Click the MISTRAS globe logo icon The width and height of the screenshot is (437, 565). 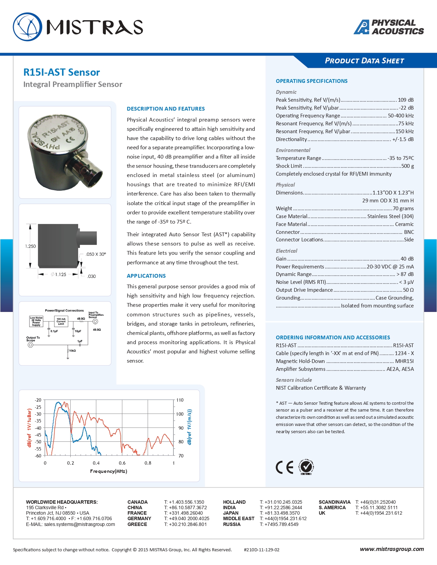click(x=27, y=27)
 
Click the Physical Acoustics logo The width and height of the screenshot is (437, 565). click(x=389, y=27)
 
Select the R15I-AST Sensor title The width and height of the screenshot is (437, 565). click(x=62, y=72)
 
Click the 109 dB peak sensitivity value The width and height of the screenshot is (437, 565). click(x=405, y=100)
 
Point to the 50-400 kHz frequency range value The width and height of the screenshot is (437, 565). click(x=401, y=116)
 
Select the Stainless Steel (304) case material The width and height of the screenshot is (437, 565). click(x=390, y=216)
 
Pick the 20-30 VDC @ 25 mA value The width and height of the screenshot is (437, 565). click(x=390, y=267)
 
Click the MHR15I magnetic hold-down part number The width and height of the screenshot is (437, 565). click(x=404, y=361)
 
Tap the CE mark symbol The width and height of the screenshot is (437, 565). click(x=284, y=467)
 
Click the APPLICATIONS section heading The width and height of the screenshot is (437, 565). click(x=146, y=276)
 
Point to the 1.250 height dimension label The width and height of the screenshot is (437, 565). click(x=31, y=246)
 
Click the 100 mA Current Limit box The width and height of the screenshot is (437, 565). click(x=61, y=321)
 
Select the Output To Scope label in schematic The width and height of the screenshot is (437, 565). click(x=33, y=339)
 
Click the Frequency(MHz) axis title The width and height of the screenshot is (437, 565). click(x=109, y=472)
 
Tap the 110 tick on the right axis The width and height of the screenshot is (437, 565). click(x=180, y=400)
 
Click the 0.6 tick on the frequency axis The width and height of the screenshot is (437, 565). click(x=122, y=463)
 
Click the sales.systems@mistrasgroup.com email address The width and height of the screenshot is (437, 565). click(x=80, y=524)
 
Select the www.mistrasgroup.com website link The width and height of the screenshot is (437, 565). click(x=392, y=549)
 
